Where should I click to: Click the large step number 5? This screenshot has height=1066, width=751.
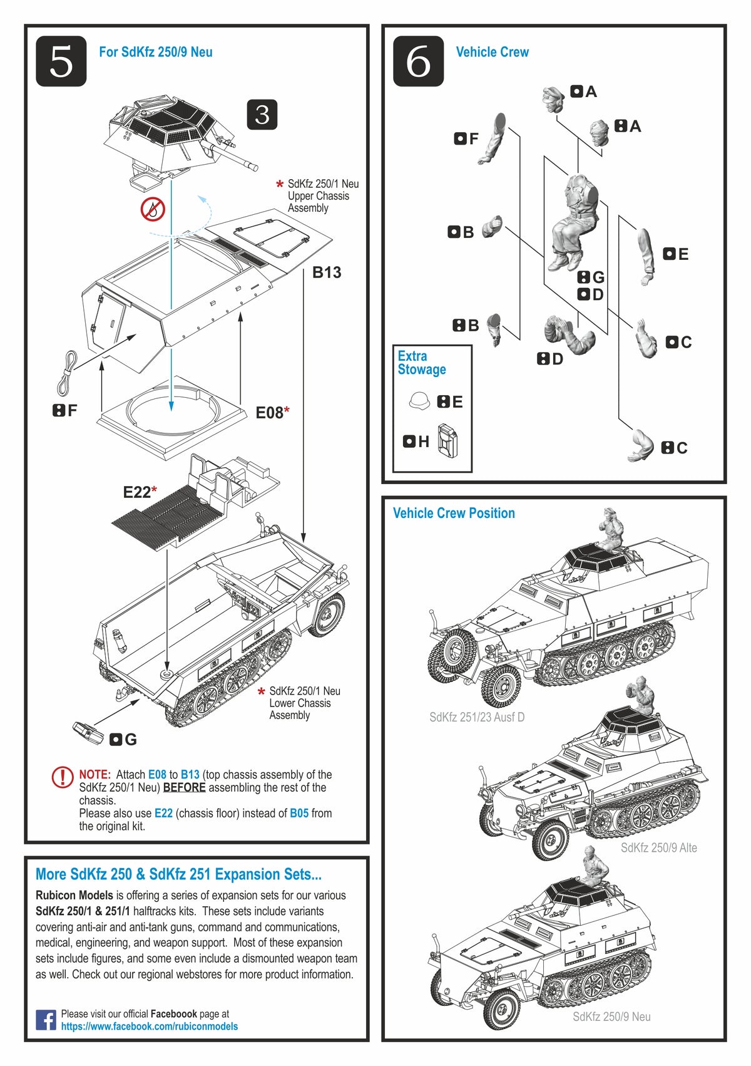click(61, 61)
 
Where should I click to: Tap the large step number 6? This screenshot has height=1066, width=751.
click(418, 61)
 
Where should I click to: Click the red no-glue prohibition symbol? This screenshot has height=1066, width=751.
click(153, 209)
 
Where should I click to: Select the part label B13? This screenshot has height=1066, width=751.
click(327, 272)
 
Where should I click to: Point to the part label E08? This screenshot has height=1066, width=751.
click(270, 412)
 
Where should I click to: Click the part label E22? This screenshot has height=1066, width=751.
click(137, 492)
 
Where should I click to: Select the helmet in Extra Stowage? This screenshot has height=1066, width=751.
click(419, 401)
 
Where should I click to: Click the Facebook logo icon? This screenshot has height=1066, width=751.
click(46, 1020)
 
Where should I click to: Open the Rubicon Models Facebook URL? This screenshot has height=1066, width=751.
click(149, 1027)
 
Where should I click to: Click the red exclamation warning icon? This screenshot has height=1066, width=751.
click(63, 777)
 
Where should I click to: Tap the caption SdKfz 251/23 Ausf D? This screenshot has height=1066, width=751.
click(476, 717)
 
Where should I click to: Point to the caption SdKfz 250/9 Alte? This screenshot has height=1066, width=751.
click(658, 847)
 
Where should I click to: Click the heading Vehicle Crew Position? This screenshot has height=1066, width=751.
click(454, 513)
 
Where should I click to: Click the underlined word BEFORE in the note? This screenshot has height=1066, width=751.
click(184, 788)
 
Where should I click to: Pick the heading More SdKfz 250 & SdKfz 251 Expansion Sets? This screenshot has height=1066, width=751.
click(178, 874)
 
